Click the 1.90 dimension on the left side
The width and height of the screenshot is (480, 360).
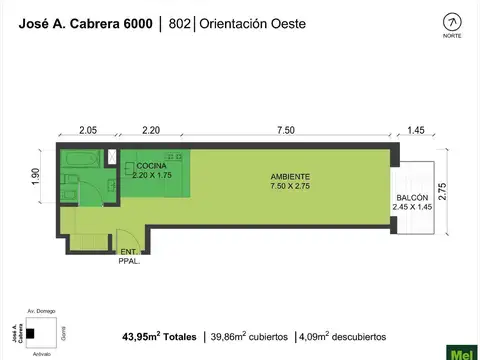coord(36,176)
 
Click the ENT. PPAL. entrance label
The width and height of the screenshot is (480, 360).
coord(129,255)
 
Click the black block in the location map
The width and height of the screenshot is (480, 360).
coord(32,332)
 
